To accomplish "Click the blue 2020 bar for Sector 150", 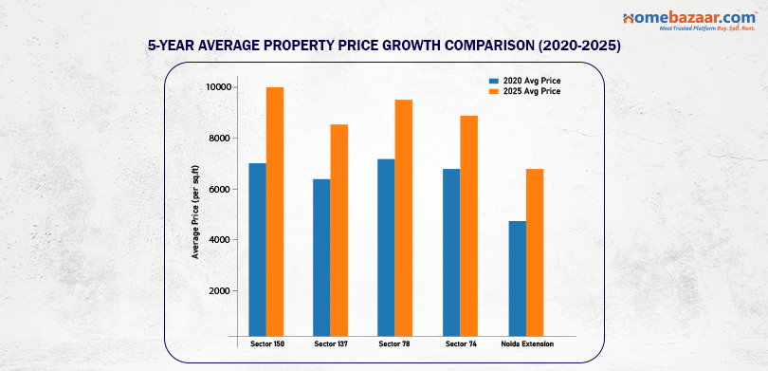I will click(257, 249).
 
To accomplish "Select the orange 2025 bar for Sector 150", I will click(275, 211).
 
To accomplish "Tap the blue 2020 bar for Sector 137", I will click(321, 256).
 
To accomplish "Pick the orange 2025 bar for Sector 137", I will click(339, 230).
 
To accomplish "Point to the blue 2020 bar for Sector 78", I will click(386, 247).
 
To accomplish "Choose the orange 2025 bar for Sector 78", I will click(404, 217).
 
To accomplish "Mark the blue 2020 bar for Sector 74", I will click(451, 251).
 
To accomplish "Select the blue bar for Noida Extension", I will click(517, 277).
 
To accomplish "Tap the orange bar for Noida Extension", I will click(535, 251).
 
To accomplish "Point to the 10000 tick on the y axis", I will click(220, 87).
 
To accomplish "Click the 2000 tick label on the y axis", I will click(222, 291).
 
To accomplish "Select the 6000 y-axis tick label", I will click(222, 190).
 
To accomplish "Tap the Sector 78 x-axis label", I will click(394, 343).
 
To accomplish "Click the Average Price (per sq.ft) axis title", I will click(195, 211).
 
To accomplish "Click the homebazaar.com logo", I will click(676, 21).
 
